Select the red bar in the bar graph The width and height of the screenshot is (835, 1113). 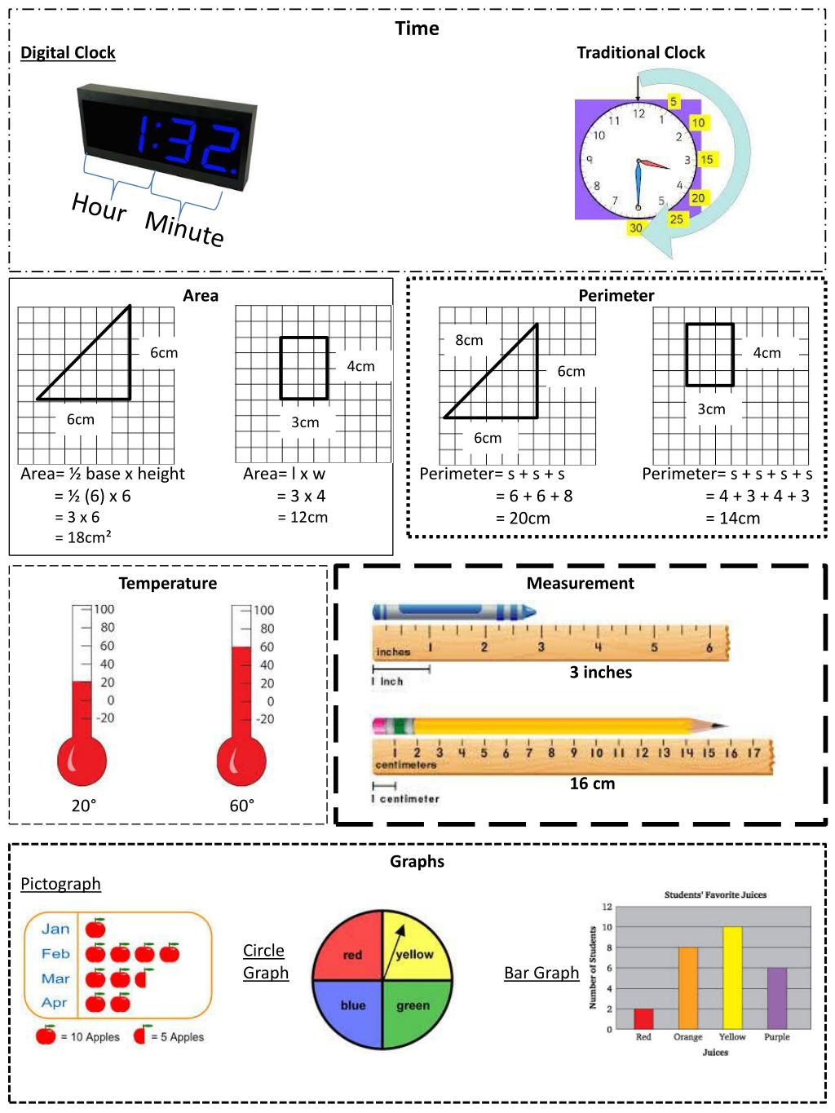point(643,1018)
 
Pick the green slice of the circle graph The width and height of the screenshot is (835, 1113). point(414,1011)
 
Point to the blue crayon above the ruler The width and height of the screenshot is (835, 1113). point(453,612)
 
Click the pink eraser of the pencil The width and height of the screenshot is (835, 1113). point(382,726)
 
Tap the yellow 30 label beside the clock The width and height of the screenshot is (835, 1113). point(636,228)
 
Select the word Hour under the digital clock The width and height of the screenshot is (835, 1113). point(99,207)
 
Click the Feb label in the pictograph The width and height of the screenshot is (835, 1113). point(55,953)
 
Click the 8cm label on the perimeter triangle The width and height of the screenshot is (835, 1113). point(469,340)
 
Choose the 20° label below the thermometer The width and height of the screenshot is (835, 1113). point(84,806)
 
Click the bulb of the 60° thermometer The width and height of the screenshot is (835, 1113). point(241,762)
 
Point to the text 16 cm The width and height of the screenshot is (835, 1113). point(592,784)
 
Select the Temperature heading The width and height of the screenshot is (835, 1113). point(168,583)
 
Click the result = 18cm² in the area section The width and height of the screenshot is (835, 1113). point(83,537)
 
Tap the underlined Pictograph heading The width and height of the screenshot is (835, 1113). point(61,884)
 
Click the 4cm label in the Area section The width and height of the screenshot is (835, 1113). point(360,366)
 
